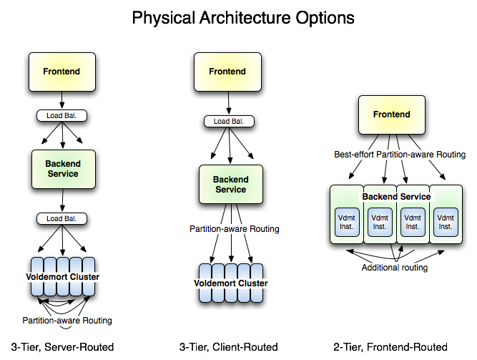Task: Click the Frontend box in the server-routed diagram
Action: (x=62, y=72)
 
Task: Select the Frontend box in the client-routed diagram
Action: (x=227, y=72)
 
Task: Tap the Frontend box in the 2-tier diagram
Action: (x=391, y=115)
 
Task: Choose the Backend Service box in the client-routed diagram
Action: (x=230, y=185)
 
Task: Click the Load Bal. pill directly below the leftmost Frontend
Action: (x=62, y=115)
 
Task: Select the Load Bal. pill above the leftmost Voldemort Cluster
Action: (x=62, y=218)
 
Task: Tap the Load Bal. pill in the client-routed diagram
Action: (x=229, y=122)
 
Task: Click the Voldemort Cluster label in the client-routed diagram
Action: (x=231, y=283)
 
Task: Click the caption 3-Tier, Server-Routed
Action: (x=63, y=347)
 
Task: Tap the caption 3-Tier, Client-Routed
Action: (x=228, y=347)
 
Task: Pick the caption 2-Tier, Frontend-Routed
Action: (x=390, y=347)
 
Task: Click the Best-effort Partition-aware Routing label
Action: (x=400, y=155)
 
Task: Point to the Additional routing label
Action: (x=394, y=268)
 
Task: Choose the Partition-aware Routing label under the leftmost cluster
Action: (x=67, y=320)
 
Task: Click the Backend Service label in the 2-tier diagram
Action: (x=396, y=196)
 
